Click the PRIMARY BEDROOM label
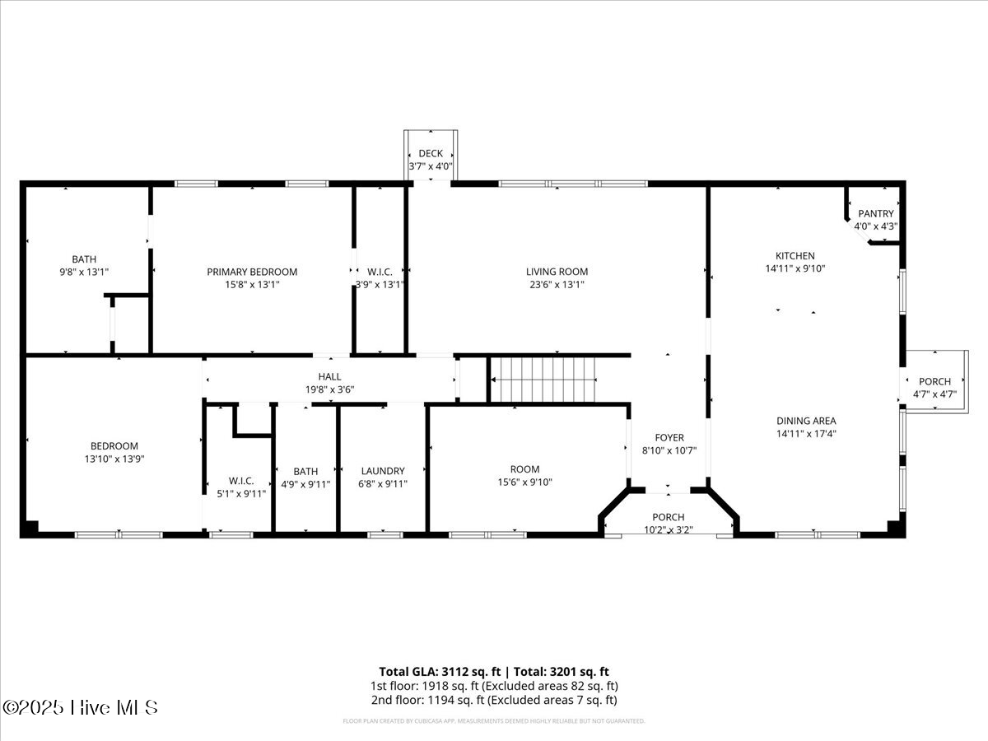pyautogui.click(x=252, y=272)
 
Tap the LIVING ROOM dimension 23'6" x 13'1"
pyautogui.click(x=557, y=285)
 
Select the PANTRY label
pyautogui.click(x=875, y=213)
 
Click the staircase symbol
pyautogui.click(x=543, y=380)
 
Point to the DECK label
pyautogui.click(x=431, y=153)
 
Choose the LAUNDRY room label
pyautogui.click(x=383, y=471)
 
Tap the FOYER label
pyautogui.click(x=669, y=437)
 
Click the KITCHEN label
pyautogui.click(x=795, y=255)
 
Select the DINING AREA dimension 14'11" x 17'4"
pyautogui.click(x=806, y=433)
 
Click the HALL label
pyautogui.click(x=329, y=376)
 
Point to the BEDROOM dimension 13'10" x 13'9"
pyautogui.click(x=114, y=459)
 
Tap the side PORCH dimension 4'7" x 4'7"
pyautogui.click(x=934, y=394)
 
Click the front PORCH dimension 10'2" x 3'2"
pyautogui.click(x=669, y=529)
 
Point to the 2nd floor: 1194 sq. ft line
pyautogui.click(x=493, y=700)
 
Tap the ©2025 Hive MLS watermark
pyautogui.click(x=80, y=707)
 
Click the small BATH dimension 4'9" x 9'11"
pyautogui.click(x=305, y=484)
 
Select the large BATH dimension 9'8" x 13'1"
pyautogui.click(x=84, y=272)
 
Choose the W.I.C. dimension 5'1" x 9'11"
pyautogui.click(x=241, y=494)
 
